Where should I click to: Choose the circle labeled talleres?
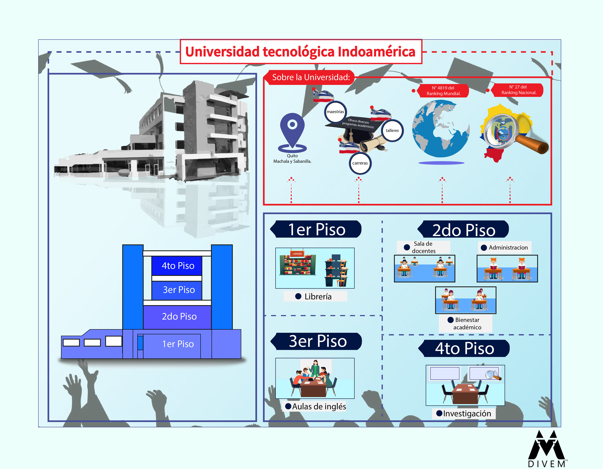(392, 131)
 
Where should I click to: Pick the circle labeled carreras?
(360, 163)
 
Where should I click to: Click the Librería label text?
(318, 296)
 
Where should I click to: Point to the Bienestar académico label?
(467, 323)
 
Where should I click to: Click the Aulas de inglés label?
(319, 406)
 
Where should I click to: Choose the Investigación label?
(467, 414)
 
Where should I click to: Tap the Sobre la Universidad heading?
(311, 77)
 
